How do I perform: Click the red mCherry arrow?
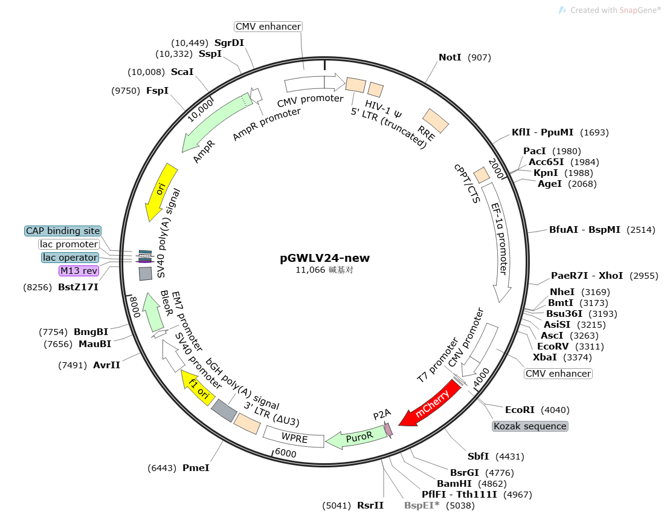[430, 403]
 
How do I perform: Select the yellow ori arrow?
[160, 192]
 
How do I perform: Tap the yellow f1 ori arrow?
[198, 388]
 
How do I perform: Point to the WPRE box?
[294, 437]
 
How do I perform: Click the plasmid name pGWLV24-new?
[324, 258]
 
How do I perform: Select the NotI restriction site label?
[449, 57]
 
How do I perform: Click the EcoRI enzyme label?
[520, 410]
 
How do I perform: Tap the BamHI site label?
[454, 484]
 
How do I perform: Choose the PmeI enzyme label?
[196, 468]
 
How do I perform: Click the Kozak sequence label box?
[530, 426]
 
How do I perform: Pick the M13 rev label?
[79, 271]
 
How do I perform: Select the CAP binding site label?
[63, 231]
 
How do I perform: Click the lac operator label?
[70, 258]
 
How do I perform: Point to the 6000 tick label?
[285, 453]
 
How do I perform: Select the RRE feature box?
[435, 121]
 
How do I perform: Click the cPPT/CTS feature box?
[482, 175]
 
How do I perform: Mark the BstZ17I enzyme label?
[79, 287]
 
